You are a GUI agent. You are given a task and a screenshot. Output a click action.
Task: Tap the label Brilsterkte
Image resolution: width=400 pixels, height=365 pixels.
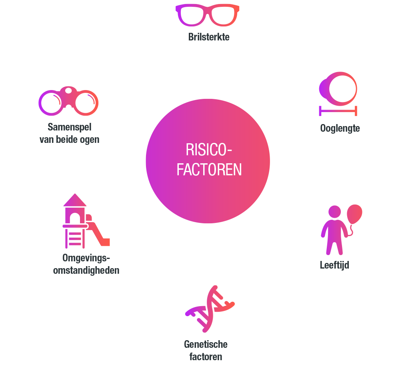pyautogui.click(x=209, y=38)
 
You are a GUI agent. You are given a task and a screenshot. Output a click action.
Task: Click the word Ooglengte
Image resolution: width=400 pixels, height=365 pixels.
pyautogui.click(x=340, y=128)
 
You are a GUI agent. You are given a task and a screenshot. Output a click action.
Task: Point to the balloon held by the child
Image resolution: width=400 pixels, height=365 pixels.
pyautogui.click(x=354, y=214)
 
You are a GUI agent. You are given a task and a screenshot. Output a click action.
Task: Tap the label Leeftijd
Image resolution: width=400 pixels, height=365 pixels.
pyautogui.click(x=334, y=265)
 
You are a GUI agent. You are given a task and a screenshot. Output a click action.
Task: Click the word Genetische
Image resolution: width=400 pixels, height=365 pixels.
pyautogui.click(x=206, y=344)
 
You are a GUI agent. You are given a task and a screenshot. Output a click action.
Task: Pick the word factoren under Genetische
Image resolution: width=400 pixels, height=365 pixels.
pyautogui.click(x=206, y=356)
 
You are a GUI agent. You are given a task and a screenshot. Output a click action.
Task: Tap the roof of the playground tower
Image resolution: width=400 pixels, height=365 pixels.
pyautogui.click(x=75, y=201)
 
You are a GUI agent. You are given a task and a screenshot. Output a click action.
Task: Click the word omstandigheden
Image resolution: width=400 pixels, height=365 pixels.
pyautogui.click(x=86, y=270)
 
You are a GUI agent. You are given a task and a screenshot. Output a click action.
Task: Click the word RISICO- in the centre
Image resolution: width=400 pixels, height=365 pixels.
pyautogui.click(x=209, y=150)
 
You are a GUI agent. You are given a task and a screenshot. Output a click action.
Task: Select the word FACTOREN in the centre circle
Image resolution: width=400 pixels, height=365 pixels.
pyautogui.click(x=209, y=170)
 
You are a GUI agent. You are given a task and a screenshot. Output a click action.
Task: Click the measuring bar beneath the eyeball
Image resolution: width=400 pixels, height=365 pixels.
pyautogui.click(x=338, y=110)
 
